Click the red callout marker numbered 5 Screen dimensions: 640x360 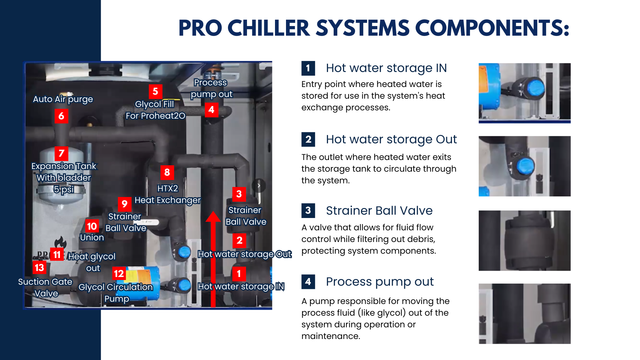[155, 91]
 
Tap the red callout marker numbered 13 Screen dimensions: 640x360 [39, 267]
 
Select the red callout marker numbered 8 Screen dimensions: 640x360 [167, 172]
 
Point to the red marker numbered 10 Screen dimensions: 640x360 [92, 226]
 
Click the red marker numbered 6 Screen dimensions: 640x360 [61, 116]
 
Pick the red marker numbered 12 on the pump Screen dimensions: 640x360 [119, 274]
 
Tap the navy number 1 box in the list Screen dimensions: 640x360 [308, 68]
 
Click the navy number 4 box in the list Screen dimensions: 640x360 [308, 282]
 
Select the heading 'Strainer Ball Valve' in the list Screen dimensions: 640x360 [379, 211]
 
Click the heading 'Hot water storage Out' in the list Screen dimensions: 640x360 [391, 139]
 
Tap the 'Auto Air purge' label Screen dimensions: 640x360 [63, 99]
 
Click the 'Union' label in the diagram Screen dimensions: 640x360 [92, 237]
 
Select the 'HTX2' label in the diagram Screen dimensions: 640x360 [168, 188]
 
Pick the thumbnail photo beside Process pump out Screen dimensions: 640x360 [525, 314]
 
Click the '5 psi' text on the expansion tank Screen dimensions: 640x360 [64, 189]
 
